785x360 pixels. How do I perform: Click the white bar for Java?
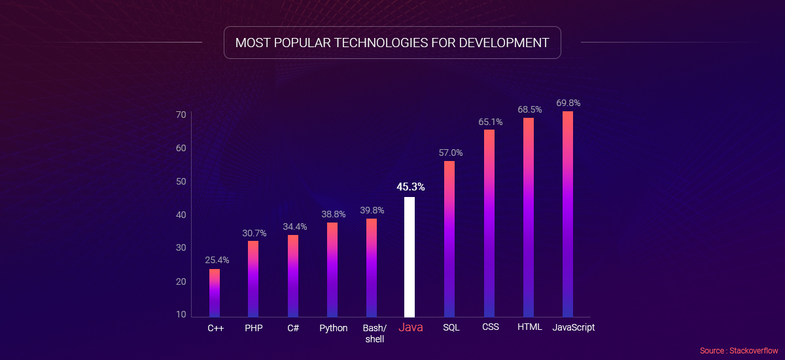coord(410,257)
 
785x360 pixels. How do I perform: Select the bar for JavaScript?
coord(568,214)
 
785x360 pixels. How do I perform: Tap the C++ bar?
coord(215,293)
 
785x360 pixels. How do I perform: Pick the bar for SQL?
coord(449,239)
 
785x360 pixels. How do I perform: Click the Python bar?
coord(332,270)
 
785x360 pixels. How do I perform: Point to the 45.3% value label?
coord(410,187)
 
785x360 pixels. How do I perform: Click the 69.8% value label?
coord(568,103)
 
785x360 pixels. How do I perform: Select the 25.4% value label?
coord(215,260)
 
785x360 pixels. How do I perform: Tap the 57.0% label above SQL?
coord(449,153)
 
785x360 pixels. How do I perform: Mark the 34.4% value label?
coord(294,226)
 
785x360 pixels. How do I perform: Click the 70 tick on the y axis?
coord(180,115)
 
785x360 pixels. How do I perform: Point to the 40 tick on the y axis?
coord(180,215)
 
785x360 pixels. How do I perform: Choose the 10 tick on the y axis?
coord(180,315)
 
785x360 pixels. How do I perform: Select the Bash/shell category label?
coord(374,333)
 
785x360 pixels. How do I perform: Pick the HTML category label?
coord(529,327)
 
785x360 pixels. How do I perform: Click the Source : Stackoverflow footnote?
coord(739,351)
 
